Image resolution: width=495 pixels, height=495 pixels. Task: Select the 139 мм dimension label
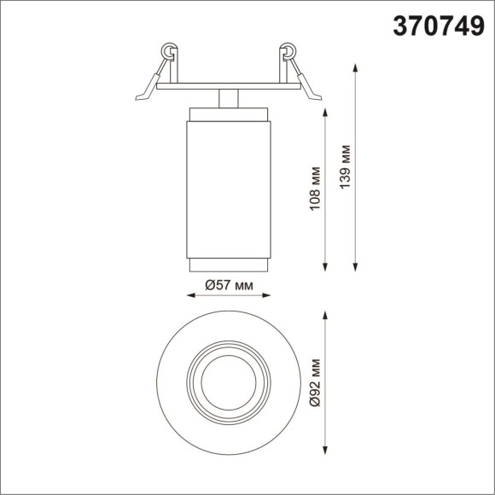(344, 167)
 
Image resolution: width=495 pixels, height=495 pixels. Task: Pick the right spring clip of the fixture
(294, 71)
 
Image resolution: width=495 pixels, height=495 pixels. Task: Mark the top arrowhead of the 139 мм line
(355, 65)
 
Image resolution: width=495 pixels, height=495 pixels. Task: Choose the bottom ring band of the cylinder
(228, 265)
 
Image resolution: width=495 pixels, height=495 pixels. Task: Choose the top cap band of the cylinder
(228, 114)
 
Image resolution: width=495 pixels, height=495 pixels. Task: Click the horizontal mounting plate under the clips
(228, 86)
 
